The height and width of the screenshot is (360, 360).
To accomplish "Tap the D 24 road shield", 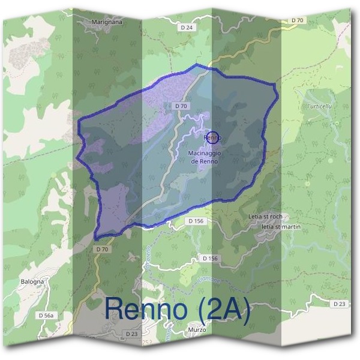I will pyautogui.click(x=187, y=28).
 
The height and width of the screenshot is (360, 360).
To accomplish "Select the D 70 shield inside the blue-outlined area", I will pyautogui.click(x=181, y=106).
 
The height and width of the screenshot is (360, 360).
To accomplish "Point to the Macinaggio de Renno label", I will pyautogui.click(x=205, y=157).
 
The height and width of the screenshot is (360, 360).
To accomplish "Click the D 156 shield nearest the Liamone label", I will pyautogui.click(x=209, y=258).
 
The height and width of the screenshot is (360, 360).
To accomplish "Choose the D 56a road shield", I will pyautogui.click(x=46, y=315).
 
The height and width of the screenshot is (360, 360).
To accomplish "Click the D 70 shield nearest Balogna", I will pyautogui.click(x=102, y=248).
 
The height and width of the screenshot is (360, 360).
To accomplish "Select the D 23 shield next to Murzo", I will pyautogui.click(x=132, y=333).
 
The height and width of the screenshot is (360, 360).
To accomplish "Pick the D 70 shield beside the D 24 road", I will pyautogui.click(x=297, y=20).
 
